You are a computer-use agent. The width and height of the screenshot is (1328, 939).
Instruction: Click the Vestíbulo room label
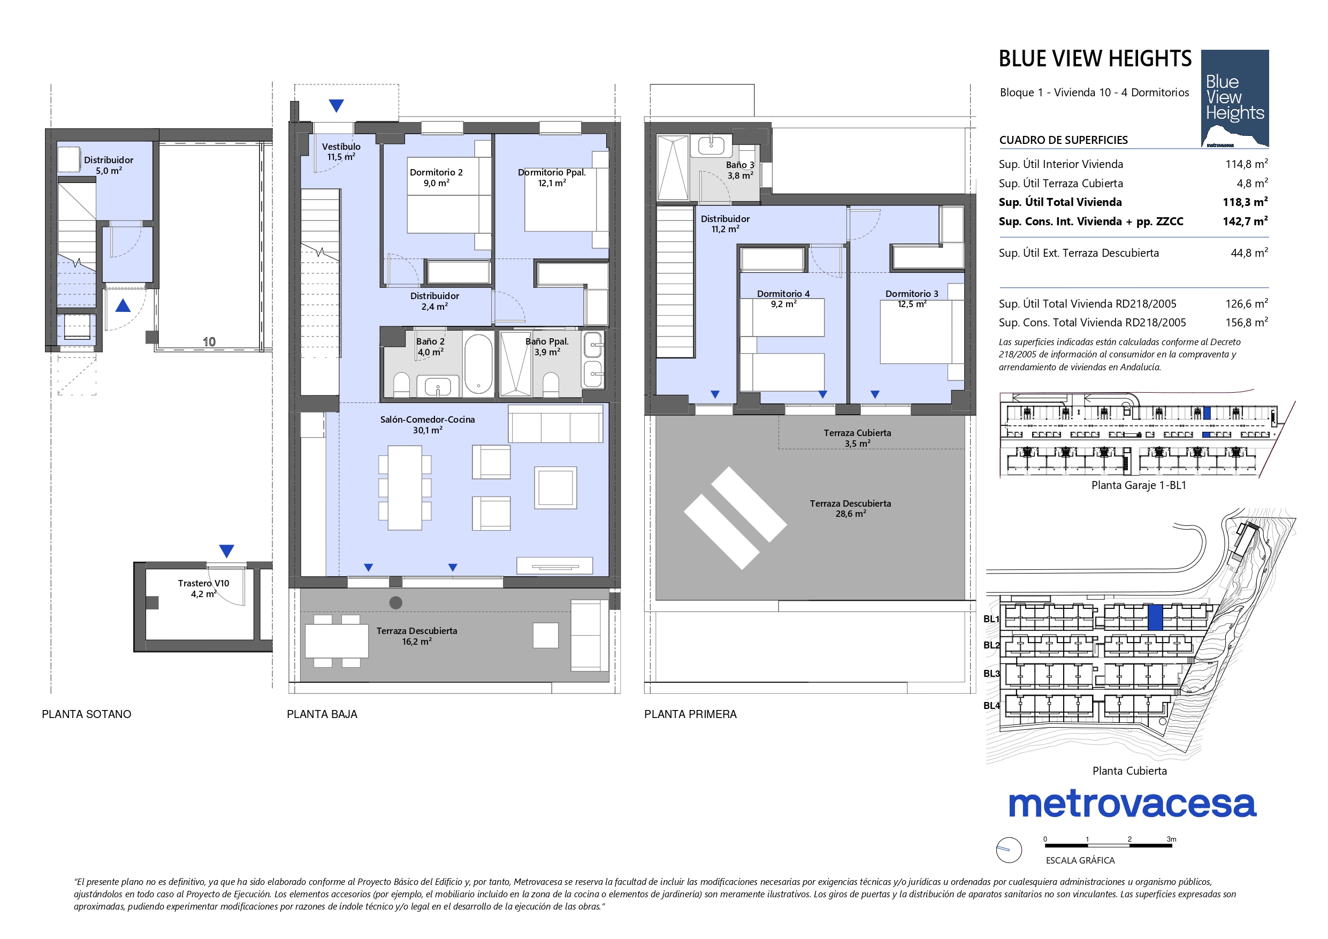click(x=341, y=151)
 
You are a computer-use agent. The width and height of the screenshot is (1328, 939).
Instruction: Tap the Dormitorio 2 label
click(x=436, y=178)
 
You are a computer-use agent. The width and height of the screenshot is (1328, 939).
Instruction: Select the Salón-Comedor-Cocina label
click(x=428, y=425)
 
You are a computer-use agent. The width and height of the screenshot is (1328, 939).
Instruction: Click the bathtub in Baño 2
click(x=478, y=363)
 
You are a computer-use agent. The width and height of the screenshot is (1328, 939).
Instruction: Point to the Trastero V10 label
click(x=204, y=589)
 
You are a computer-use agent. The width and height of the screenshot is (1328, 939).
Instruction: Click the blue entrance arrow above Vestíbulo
click(x=336, y=105)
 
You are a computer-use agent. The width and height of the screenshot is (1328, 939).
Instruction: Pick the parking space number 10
click(x=209, y=342)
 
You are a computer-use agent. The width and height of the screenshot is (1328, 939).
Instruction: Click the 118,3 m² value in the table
click(x=1245, y=201)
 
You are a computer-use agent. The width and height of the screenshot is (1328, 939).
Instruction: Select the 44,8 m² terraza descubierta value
click(x=1249, y=253)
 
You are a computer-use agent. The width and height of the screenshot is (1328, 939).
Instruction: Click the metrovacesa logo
click(x=1133, y=804)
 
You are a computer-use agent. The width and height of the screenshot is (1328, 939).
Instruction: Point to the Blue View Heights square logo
click(x=1235, y=99)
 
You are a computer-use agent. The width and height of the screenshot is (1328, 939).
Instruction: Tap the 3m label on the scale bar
click(x=1171, y=839)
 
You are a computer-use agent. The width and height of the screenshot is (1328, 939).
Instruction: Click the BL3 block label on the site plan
click(x=991, y=674)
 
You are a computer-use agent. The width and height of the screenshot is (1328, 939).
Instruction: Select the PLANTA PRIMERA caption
click(x=691, y=714)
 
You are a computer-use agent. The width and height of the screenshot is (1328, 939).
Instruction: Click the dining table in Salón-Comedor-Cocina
click(x=405, y=488)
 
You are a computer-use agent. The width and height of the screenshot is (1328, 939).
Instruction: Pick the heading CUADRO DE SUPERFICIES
click(x=1064, y=140)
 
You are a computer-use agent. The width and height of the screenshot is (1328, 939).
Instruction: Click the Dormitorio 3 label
click(x=912, y=299)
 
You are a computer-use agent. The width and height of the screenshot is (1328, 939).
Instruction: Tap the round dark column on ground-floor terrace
click(x=395, y=603)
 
